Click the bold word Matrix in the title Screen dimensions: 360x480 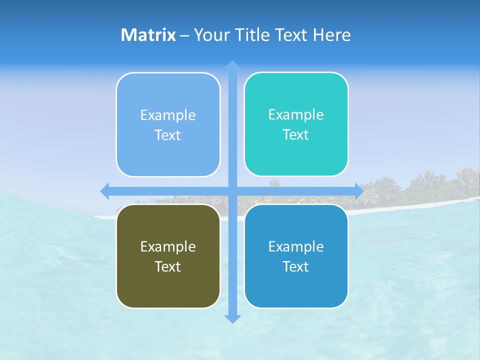(148, 35)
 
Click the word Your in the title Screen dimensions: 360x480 (212, 35)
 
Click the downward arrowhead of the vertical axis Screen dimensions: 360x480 (232, 318)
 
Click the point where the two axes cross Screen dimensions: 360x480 (232, 190)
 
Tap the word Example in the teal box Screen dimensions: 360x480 (296, 114)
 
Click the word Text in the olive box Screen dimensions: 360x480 (167, 266)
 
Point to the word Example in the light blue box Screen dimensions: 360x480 (168, 115)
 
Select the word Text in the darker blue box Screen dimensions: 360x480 (295, 266)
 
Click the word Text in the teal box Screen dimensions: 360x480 (295, 134)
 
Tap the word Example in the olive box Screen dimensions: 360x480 (168, 246)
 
